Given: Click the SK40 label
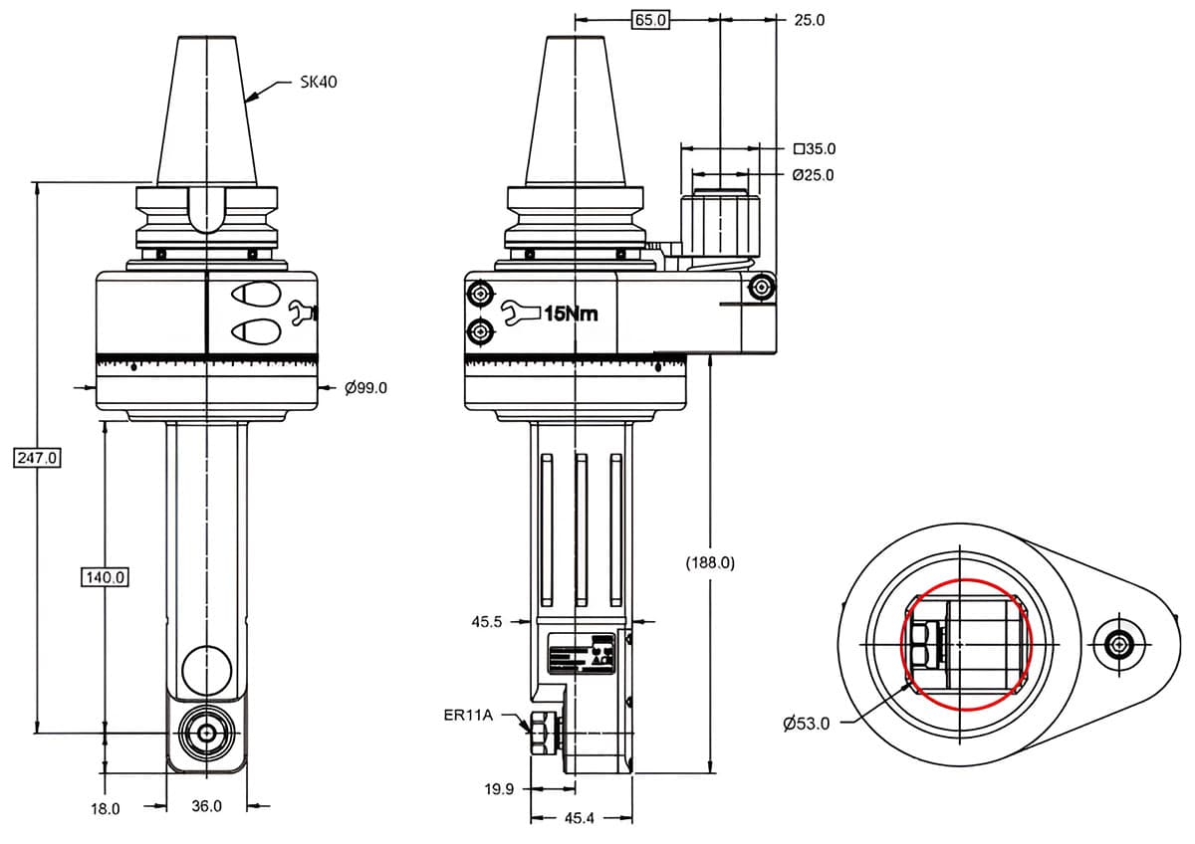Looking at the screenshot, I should [319, 83].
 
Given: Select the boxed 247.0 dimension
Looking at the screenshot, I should [38, 458].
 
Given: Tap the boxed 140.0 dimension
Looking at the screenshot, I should [105, 576].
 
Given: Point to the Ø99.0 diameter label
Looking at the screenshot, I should [365, 387].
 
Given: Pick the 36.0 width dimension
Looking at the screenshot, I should [206, 806].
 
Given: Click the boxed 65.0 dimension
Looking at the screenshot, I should [649, 19].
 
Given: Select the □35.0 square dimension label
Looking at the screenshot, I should [815, 149].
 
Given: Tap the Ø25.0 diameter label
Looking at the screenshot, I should [813, 175].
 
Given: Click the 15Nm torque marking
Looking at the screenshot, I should [571, 314].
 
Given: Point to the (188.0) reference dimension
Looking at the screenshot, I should [710, 562].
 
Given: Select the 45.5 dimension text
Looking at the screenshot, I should [487, 622].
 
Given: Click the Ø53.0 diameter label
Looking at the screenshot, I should [806, 724].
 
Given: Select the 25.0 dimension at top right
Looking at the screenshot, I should [809, 19].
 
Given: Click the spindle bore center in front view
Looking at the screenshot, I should [206, 733].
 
